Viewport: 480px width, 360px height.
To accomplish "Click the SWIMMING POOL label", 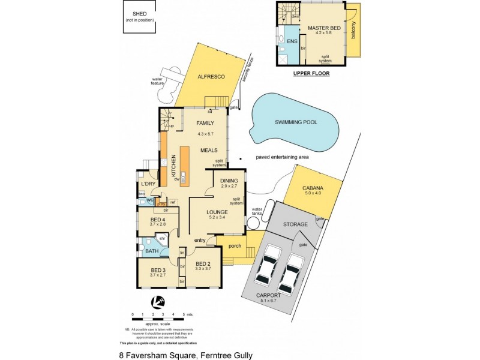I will click(x=296, y=122).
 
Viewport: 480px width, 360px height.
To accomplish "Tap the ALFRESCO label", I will click(x=211, y=77).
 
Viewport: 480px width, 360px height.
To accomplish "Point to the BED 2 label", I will click(x=203, y=263).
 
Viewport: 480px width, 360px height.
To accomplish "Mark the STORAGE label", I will click(x=296, y=224).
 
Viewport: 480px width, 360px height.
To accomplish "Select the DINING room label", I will click(x=228, y=181).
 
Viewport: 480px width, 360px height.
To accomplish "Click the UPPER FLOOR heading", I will click(x=311, y=74).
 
